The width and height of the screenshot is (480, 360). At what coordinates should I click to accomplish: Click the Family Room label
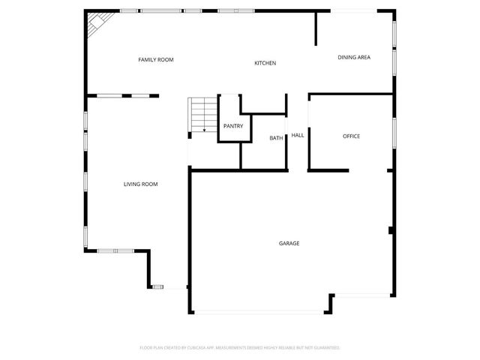[155, 59]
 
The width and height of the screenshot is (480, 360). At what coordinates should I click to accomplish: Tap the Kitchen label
[265, 63]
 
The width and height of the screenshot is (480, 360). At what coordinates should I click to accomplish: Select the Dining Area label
[354, 57]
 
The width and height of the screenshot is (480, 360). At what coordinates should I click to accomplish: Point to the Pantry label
[232, 126]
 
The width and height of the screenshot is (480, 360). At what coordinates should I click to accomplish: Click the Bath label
[276, 138]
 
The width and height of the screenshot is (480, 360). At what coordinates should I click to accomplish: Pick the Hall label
[298, 135]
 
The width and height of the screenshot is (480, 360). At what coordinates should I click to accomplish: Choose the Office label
[351, 136]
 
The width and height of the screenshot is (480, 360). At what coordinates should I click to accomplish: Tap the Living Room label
[140, 184]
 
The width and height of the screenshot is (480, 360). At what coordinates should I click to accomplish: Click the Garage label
[289, 243]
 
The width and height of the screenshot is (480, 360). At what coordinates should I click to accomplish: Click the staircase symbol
[200, 115]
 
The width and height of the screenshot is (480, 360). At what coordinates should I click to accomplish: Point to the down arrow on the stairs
[204, 129]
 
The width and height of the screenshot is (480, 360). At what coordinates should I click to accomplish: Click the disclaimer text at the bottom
[240, 348]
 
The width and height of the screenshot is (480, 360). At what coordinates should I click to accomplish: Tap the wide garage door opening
[259, 312]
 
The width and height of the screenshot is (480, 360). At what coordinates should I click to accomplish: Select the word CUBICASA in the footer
[214, 348]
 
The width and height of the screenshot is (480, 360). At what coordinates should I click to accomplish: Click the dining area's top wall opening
[353, 10]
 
